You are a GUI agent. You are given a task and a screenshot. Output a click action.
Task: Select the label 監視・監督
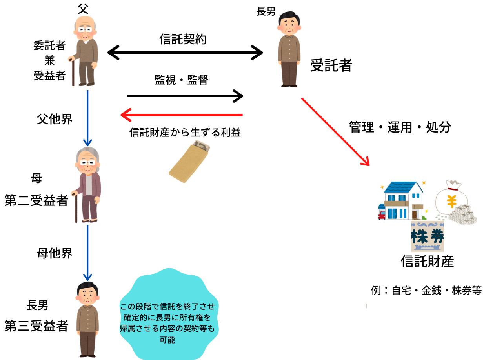[181, 80]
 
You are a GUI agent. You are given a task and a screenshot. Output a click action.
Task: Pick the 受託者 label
[331, 65]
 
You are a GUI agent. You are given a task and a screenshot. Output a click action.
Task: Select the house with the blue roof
[402, 200]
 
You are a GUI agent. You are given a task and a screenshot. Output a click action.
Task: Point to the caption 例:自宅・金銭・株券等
[426, 291]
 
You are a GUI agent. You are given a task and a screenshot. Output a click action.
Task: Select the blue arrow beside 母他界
[87, 253]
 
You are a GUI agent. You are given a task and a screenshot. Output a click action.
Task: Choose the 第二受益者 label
[36, 201]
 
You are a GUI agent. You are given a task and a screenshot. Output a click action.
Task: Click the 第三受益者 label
[36, 325]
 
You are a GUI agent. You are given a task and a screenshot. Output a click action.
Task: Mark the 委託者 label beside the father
[49, 46]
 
